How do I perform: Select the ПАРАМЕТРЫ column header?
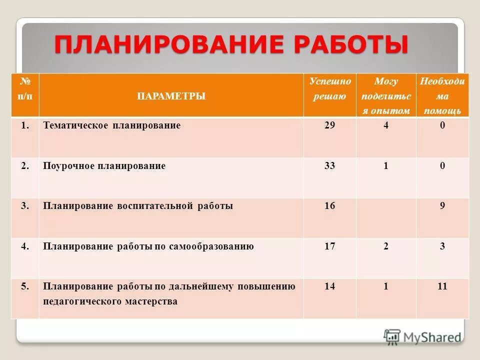171,96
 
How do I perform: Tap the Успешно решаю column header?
329,88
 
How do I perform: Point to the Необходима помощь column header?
442,95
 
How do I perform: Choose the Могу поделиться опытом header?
385,95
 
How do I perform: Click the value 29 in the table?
329,125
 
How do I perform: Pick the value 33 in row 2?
329,165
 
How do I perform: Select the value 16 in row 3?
329,205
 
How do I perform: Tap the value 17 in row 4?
329,246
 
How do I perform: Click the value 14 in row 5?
329,286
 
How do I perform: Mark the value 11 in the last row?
442,286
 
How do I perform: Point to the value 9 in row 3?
442,205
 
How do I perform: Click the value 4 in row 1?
386,125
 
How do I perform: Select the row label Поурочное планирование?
104,165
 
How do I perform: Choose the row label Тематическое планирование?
111,125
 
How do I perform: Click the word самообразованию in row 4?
215,246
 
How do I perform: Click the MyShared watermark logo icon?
392,336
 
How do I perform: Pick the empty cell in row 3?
386,217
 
